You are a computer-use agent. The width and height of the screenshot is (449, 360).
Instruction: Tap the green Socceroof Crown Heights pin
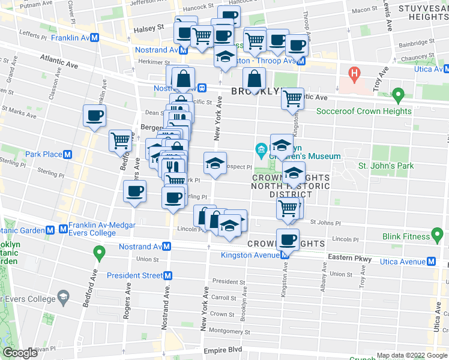[397, 95]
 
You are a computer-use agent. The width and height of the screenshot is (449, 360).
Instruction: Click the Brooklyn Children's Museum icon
[261, 149]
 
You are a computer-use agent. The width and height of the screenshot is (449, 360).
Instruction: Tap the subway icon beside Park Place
[68, 154]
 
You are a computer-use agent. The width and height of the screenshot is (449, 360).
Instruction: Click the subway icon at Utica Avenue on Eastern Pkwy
[431, 262]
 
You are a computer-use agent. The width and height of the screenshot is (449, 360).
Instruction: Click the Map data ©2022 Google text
[412, 355]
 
